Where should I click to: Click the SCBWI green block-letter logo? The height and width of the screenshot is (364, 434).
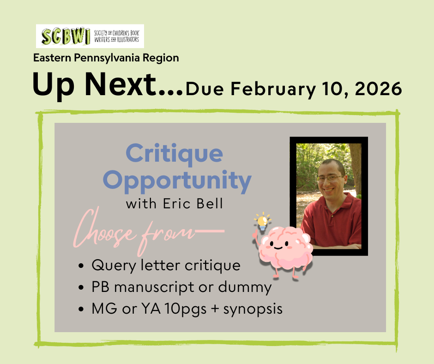[66, 36]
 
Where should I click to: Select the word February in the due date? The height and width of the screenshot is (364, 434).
[273, 90]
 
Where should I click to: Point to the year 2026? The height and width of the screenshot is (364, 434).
[378, 89]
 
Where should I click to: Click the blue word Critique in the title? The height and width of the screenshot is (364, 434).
[175, 154]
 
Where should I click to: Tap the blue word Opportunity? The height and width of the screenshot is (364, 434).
[177, 181]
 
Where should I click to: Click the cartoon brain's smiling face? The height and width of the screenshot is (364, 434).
[278, 245]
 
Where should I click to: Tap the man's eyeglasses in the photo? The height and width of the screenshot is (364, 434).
[330, 179]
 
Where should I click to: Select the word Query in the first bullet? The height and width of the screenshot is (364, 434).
[114, 266]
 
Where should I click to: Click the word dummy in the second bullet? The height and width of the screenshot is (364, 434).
[245, 287]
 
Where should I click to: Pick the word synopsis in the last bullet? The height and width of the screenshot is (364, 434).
[253, 309]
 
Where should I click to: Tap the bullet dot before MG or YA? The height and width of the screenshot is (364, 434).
[81, 309]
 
